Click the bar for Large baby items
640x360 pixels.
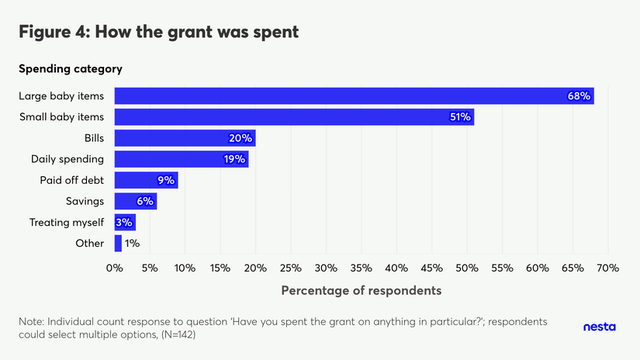[x=354, y=96]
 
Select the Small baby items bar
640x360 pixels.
[x=294, y=117]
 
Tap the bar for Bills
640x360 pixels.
[x=185, y=138]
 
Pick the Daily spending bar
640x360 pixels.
[x=181, y=159]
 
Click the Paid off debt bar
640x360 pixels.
[x=146, y=180]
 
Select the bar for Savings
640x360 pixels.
[x=136, y=201]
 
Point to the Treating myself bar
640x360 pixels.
[x=125, y=222]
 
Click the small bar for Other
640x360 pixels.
[x=118, y=243]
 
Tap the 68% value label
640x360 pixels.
[x=579, y=96]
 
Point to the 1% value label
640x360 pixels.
[x=132, y=243]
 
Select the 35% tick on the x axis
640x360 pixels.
[x=362, y=268]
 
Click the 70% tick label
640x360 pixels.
[x=607, y=268]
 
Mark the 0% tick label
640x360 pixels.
[x=115, y=268]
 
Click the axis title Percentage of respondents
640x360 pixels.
[x=361, y=290]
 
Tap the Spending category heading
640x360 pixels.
[x=71, y=68]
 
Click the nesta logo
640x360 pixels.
[x=599, y=327]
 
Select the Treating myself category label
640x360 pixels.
[x=67, y=222]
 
